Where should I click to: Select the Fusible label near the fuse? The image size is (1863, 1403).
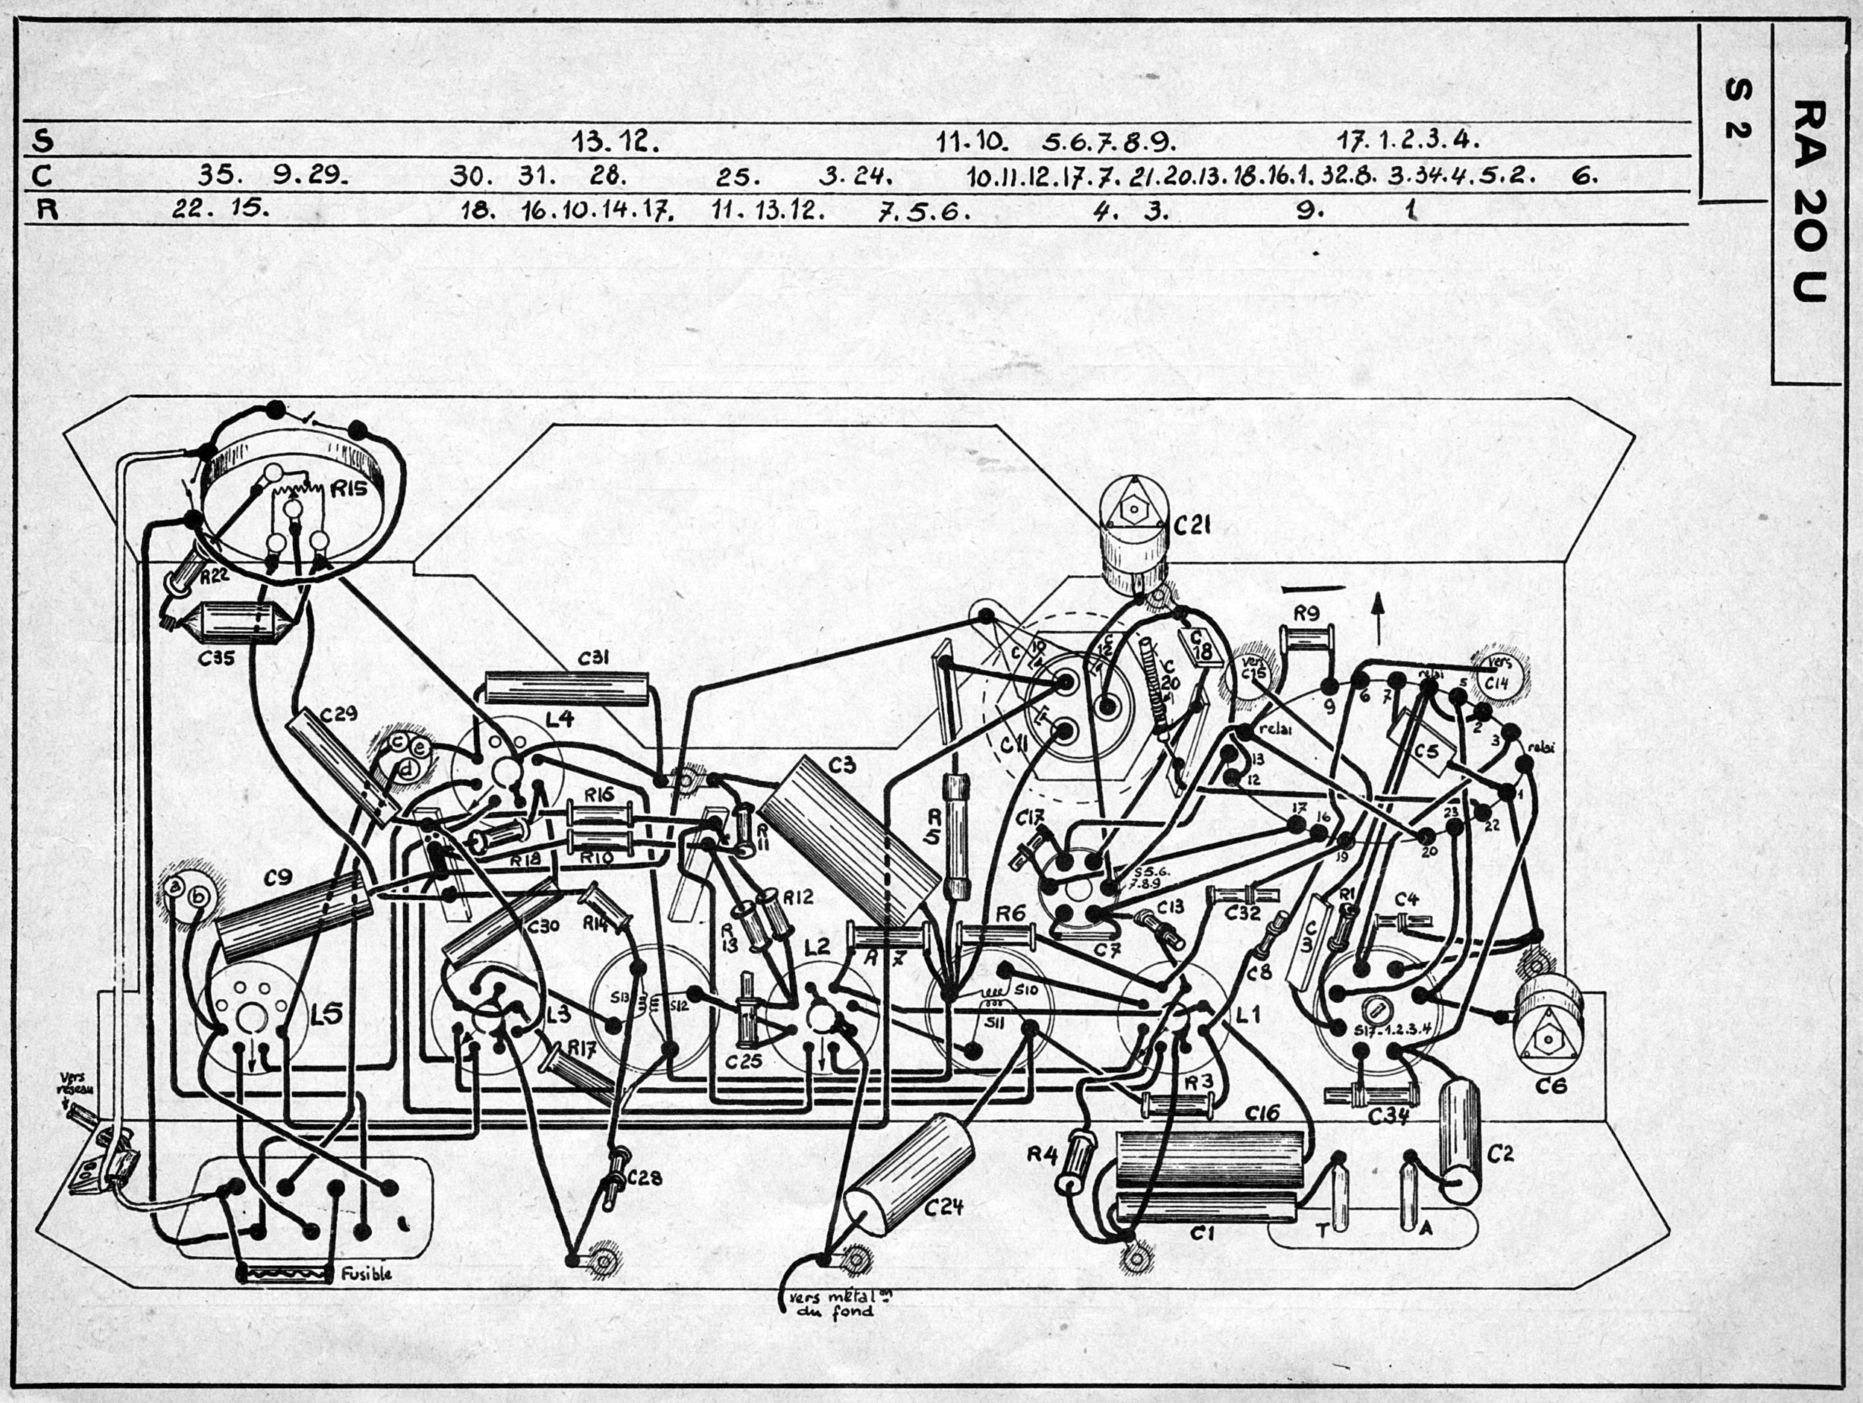pyautogui.click(x=367, y=1274)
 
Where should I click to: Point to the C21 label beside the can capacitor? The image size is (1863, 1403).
pyautogui.click(x=1192, y=525)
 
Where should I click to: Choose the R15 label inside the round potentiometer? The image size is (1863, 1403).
pyautogui.click(x=349, y=489)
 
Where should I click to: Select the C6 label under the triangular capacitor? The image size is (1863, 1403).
pyautogui.click(x=1551, y=1086)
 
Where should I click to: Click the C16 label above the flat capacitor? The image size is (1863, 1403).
pyautogui.click(x=1262, y=1112)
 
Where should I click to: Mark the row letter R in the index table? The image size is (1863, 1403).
pyautogui.click(x=47, y=209)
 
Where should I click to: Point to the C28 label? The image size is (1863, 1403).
pyautogui.click(x=645, y=1178)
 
